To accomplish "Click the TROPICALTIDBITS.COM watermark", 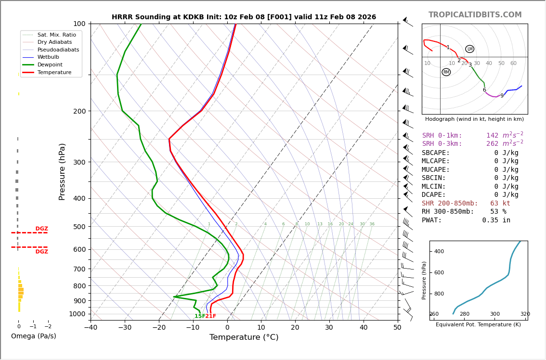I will click(x=475, y=15).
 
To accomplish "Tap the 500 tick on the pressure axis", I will click(x=79, y=227).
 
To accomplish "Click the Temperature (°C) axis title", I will click(x=244, y=337).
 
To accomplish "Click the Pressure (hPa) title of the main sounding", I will click(x=63, y=171).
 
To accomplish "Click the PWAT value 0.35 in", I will click(x=496, y=220).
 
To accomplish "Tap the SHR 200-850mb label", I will click(x=450, y=204).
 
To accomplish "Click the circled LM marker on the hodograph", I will click(x=469, y=49).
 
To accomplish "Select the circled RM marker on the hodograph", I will click(x=446, y=72).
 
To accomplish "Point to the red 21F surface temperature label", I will click(x=211, y=316).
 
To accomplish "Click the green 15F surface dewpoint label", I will click(x=200, y=316).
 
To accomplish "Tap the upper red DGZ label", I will click(x=41, y=229).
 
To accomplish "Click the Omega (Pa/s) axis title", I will click(x=33, y=336).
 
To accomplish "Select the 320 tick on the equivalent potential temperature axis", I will click(x=525, y=314).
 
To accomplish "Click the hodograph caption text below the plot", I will click(x=474, y=119).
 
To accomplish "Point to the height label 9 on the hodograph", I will click(x=502, y=96).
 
